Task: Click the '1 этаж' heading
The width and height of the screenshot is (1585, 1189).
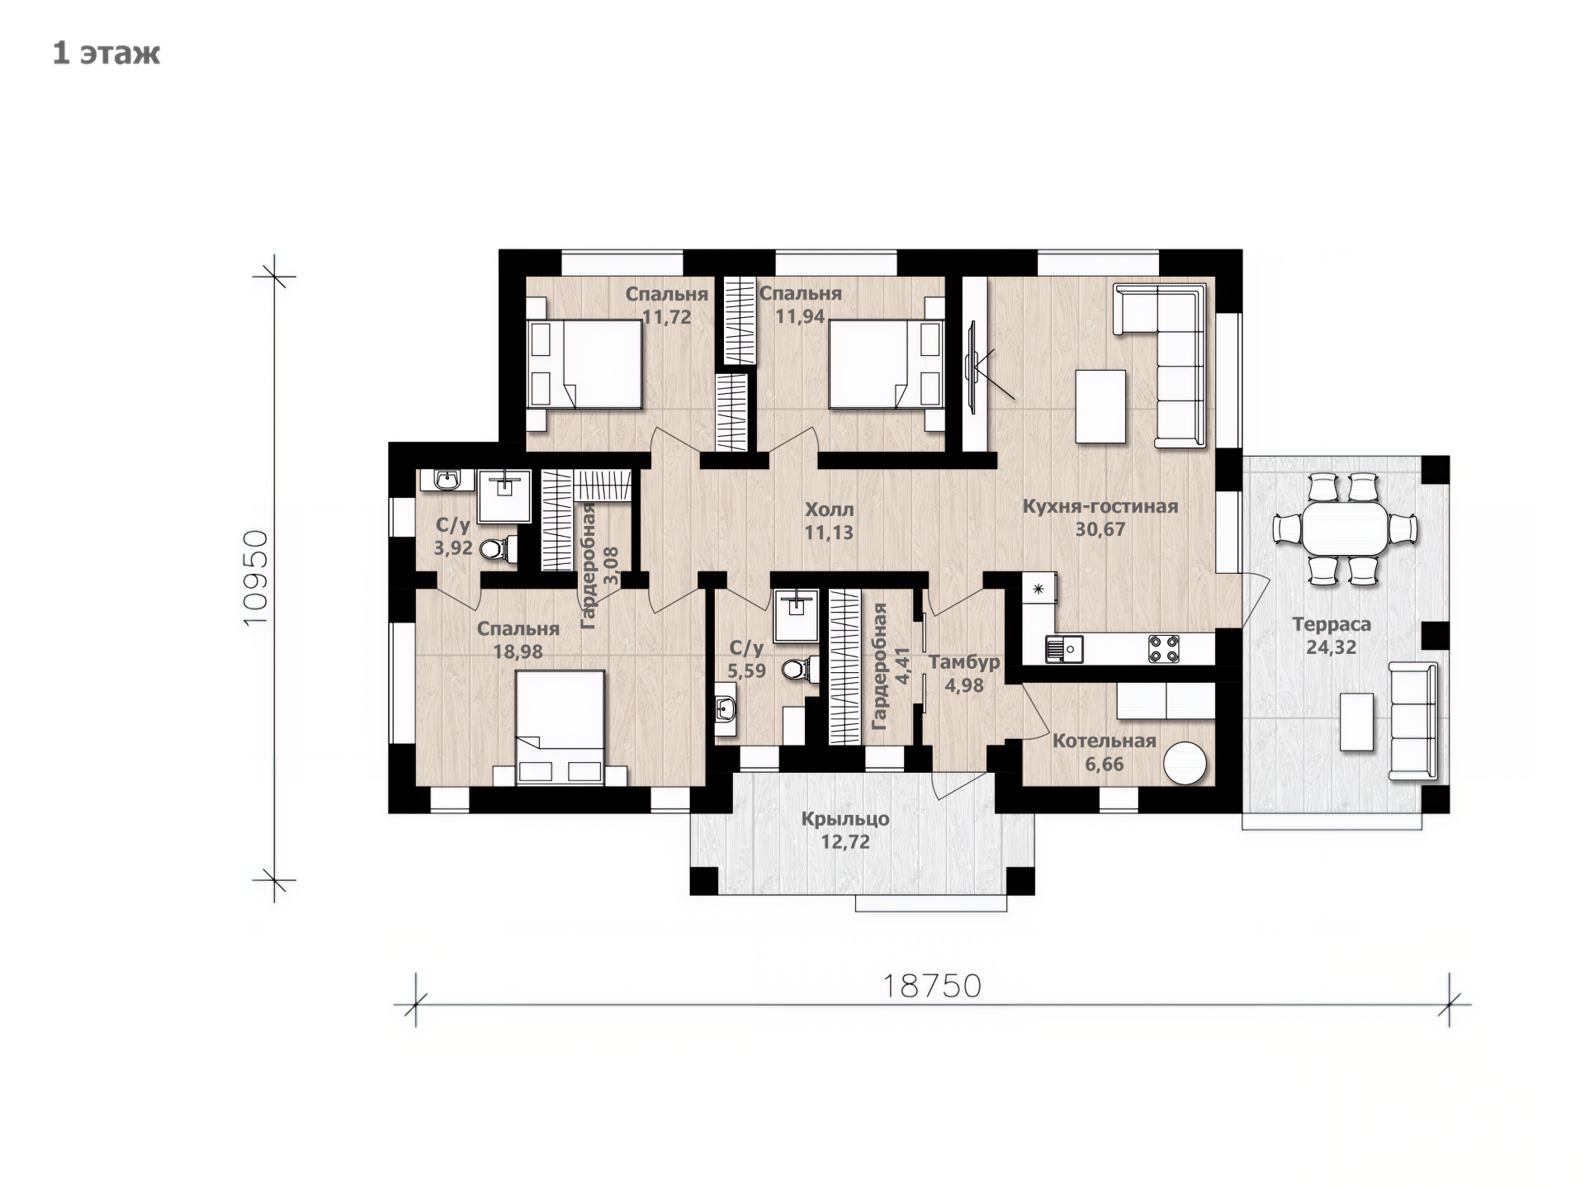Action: (x=106, y=53)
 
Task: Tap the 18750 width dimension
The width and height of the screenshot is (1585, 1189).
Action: (x=932, y=985)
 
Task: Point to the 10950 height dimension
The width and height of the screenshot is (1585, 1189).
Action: (x=256, y=577)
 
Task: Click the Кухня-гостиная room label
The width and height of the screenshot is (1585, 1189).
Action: (x=1100, y=506)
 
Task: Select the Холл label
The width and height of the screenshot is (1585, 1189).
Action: (x=829, y=509)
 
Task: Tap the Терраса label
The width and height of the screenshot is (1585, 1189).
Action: (x=1331, y=625)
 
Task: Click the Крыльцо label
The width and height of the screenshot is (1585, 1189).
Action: (x=845, y=819)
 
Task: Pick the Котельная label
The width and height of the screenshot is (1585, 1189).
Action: (x=1104, y=741)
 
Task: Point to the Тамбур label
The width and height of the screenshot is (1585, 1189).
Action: (x=964, y=662)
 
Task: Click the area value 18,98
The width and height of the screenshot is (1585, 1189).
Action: (x=518, y=651)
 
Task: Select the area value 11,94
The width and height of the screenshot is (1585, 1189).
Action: (x=800, y=316)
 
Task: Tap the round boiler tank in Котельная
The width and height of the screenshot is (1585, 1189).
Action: (x=1185, y=762)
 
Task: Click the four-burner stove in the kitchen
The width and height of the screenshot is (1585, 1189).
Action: (x=1163, y=648)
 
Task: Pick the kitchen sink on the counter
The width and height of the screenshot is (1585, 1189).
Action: (x=1064, y=648)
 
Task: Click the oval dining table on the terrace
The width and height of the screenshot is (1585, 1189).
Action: (x=1345, y=528)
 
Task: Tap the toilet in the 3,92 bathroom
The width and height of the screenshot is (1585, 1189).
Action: (x=498, y=548)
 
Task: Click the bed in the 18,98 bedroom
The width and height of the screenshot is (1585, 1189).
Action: (x=561, y=727)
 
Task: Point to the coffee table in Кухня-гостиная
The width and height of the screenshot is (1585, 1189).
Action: (x=1100, y=406)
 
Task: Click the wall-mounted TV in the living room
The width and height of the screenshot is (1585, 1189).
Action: (x=972, y=367)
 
